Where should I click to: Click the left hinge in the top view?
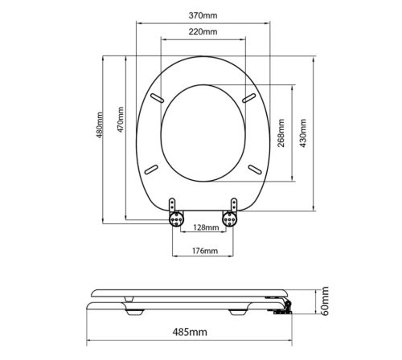click(177, 213)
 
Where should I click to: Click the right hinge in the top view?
click(232, 213)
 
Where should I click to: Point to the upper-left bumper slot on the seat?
click(158, 97)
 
